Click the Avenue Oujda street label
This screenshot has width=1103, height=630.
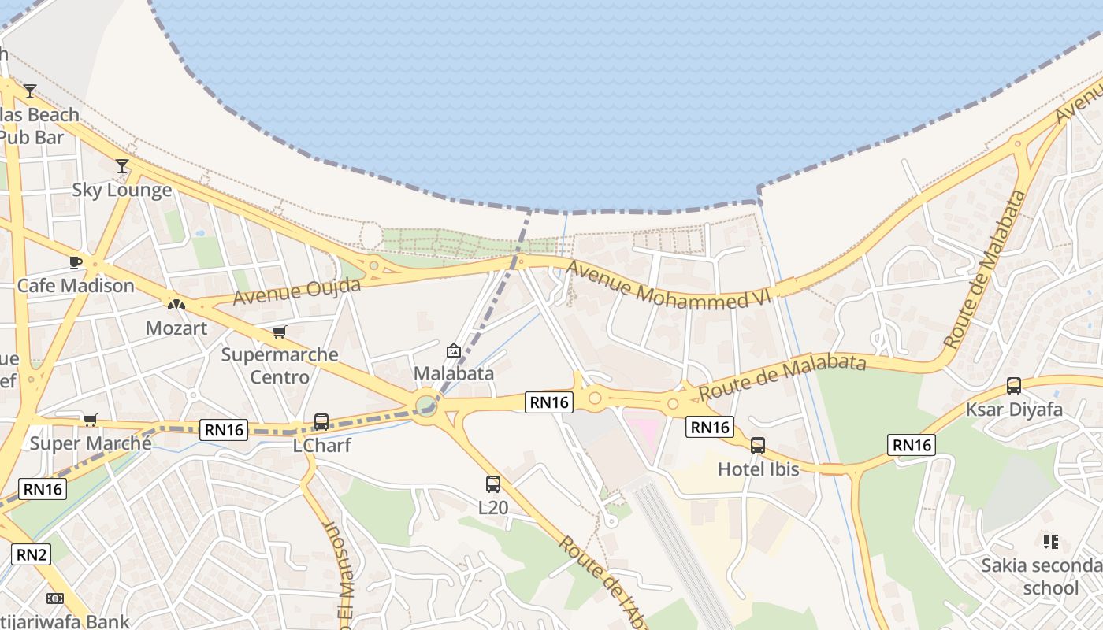point(296,291)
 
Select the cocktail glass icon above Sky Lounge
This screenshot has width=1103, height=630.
point(122,166)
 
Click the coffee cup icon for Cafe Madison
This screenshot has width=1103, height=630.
point(76,262)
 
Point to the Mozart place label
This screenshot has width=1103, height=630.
point(176,328)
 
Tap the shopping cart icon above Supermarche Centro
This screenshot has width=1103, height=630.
point(279,332)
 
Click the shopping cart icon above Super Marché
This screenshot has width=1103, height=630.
point(91,420)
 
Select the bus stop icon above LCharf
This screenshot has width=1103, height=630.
point(321,421)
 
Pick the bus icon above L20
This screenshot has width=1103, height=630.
point(493,484)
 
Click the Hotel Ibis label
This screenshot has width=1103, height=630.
point(758,469)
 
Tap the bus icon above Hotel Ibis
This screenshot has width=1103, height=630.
point(758,446)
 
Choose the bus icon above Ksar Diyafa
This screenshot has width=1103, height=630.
point(1014,386)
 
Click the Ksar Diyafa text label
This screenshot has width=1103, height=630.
point(1014,409)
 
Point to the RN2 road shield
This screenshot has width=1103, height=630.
point(31,554)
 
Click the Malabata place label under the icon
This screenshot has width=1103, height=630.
point(454,373)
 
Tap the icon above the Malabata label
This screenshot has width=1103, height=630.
point(454,350)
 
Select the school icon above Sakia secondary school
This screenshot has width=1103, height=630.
point(1050,542)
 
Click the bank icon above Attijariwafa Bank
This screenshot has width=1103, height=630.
point(54,598)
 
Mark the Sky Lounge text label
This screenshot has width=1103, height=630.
point(122,190)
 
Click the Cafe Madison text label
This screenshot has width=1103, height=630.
point(76,285)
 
